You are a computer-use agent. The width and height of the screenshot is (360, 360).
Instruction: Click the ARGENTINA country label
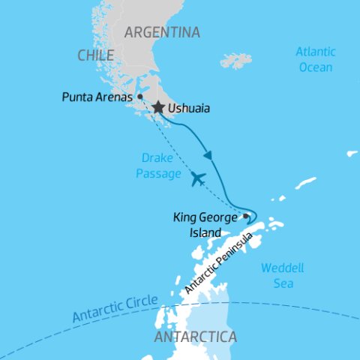click(x=162, y=32)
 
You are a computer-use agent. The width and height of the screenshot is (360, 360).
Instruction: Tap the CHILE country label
click(x=95, y=55)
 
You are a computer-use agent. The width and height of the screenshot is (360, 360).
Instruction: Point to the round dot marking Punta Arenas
click(x=140, y=97)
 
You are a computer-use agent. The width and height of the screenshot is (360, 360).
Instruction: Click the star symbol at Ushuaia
click(x=157, y=108)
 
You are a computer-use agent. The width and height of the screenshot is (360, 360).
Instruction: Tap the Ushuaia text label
click(x=189, y=109)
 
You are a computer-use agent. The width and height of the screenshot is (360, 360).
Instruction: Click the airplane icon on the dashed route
click(x=197, y=178)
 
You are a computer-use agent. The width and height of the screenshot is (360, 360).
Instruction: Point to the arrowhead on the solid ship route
click(x=208, y=156)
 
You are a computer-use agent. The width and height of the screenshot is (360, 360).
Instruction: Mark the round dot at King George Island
click(x=245, y=216)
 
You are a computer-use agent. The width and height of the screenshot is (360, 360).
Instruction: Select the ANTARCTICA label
click(x=194, y=337)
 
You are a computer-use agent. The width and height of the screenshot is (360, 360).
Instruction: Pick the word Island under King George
click(x=205, y=232)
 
